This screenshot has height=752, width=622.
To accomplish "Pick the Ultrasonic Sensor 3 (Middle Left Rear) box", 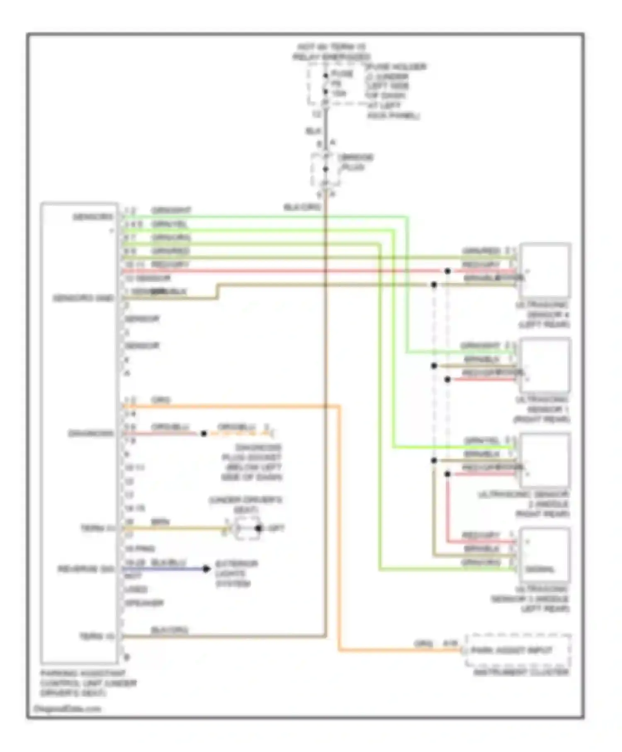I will tap(544, 555).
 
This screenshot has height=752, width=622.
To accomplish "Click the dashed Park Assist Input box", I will tap(517, 650).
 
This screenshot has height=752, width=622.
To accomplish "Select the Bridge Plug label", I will tap(356, 163).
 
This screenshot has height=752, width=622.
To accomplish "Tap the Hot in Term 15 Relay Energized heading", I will tap(331, 52).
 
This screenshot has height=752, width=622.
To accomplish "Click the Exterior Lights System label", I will tap(236, 574).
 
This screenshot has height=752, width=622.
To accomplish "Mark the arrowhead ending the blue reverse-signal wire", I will tap(206, 568).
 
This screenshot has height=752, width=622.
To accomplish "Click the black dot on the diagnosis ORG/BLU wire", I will tap(204, 434).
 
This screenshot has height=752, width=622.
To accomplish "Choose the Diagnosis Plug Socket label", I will tap(252, 462).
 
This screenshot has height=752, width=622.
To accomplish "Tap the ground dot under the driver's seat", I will tap(258, 528).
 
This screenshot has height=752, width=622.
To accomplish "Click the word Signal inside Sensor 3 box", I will tap(539, 570).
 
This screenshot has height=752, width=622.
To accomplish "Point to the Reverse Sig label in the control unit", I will tap(85, 569).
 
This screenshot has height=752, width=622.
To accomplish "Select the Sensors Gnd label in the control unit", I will tap(83, 298).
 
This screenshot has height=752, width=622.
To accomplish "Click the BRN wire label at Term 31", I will tap(160, 522).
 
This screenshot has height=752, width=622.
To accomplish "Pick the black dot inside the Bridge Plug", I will tap(326, 169).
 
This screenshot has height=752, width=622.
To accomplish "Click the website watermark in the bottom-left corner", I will tap(67, 708).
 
